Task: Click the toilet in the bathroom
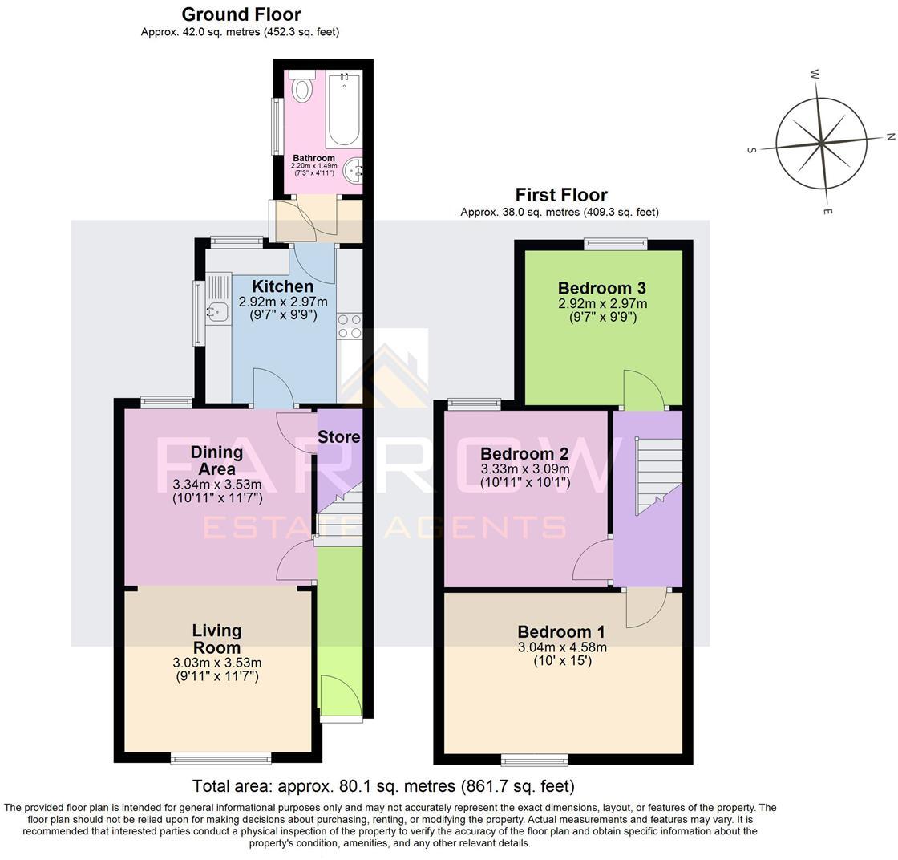[302, 87]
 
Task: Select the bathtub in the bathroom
[344, 108]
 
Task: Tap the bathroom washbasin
[353, 169]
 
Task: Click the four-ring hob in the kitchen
[350, 326]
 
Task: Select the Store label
[338, 437]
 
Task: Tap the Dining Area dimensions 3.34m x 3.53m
[217, 485]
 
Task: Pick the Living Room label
[217, 639]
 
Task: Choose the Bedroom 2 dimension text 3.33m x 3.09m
[525, 469]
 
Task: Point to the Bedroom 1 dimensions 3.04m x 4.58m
[562, 647]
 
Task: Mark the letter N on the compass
[890, 137]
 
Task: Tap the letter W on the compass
[815, 75]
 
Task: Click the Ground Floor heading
[241, 14]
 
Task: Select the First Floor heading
[561, 195]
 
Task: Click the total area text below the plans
[383, 786]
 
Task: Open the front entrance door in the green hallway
[339, 695]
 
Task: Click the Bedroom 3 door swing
[644, 391]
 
